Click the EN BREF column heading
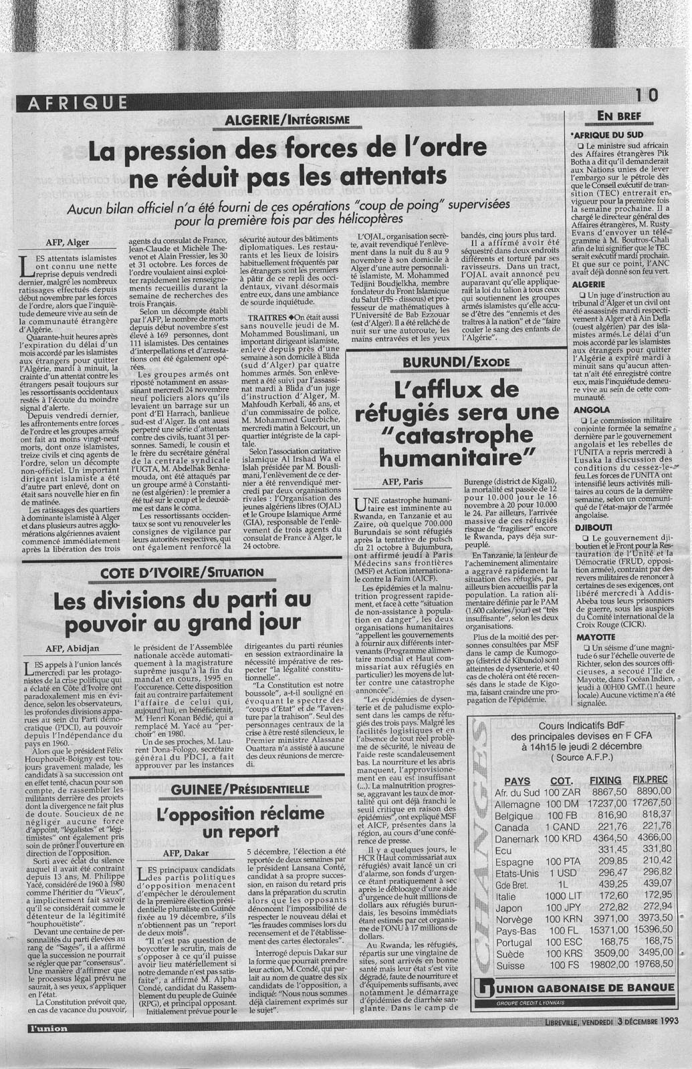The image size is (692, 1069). click(x=618, y=116)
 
